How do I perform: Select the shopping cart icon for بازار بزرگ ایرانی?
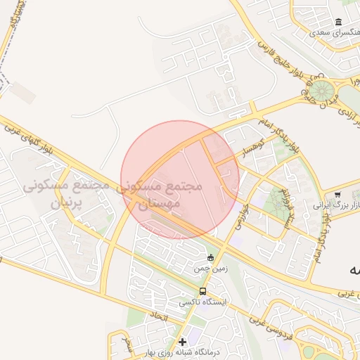[338, 195]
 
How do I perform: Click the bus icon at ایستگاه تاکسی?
[202, 291]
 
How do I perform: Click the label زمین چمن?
[208, 269]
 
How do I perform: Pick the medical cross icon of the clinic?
[182, 342]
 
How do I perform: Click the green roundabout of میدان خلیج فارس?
[322, 91]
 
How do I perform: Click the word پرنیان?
[67, 204]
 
